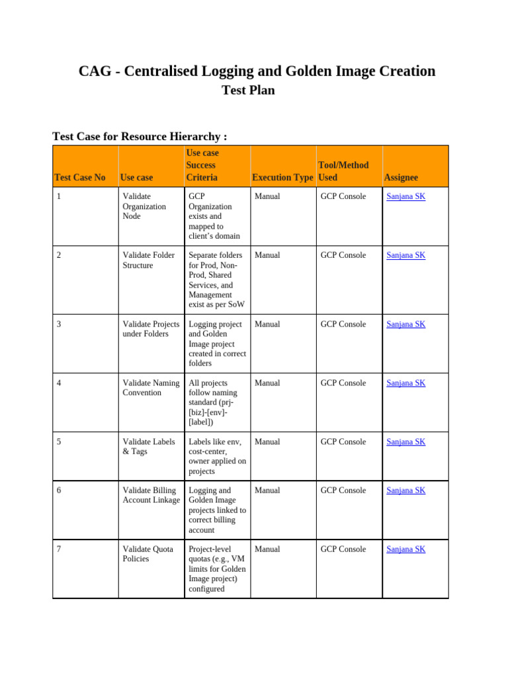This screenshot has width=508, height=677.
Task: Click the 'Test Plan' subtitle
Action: click(x=247, y=91)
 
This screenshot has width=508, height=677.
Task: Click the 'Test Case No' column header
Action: click(x=80, y=177)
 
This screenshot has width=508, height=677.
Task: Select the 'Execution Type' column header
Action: click(x=282, y=177)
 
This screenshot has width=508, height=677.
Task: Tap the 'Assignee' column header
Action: click(x=401, y=177)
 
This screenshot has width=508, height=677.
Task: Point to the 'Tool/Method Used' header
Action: click(x=343, y=171)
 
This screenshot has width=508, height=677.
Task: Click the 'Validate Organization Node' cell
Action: click(x=144, y=206)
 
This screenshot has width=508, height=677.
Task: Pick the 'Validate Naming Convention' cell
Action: click(x=151, y=387)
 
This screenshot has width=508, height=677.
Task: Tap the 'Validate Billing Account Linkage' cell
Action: click(x=151, y=495)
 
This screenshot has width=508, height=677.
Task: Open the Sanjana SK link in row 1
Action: click(x=405, y=196)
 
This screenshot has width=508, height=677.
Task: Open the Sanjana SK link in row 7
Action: click(x=405, y=549)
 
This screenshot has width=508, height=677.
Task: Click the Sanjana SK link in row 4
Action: click(x=405, y=383)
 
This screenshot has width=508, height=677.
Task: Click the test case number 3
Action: click(x=60, y=324)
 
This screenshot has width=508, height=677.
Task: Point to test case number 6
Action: click(x=60, y=491)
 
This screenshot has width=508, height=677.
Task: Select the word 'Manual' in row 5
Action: click(x=267, y=442)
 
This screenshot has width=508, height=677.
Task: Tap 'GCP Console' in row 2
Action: click(x=343, y=255)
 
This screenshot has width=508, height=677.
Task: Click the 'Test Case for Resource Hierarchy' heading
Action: click(x=140, y=136)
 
